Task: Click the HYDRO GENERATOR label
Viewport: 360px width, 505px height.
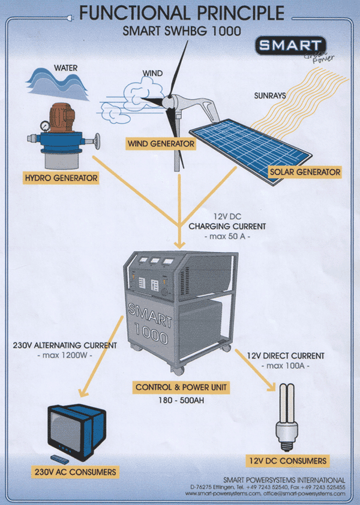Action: tap(60, 178)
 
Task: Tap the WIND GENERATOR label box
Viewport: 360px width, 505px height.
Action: tap(161, 144)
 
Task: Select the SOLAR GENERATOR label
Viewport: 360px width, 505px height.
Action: tap(305, 172)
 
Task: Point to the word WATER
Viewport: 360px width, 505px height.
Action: tap(67, 67)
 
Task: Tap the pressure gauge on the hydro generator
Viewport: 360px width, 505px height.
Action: tap(32, 127)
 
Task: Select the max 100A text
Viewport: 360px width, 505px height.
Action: tap(285, 366)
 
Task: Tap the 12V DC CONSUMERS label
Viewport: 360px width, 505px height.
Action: tap(287, 461)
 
